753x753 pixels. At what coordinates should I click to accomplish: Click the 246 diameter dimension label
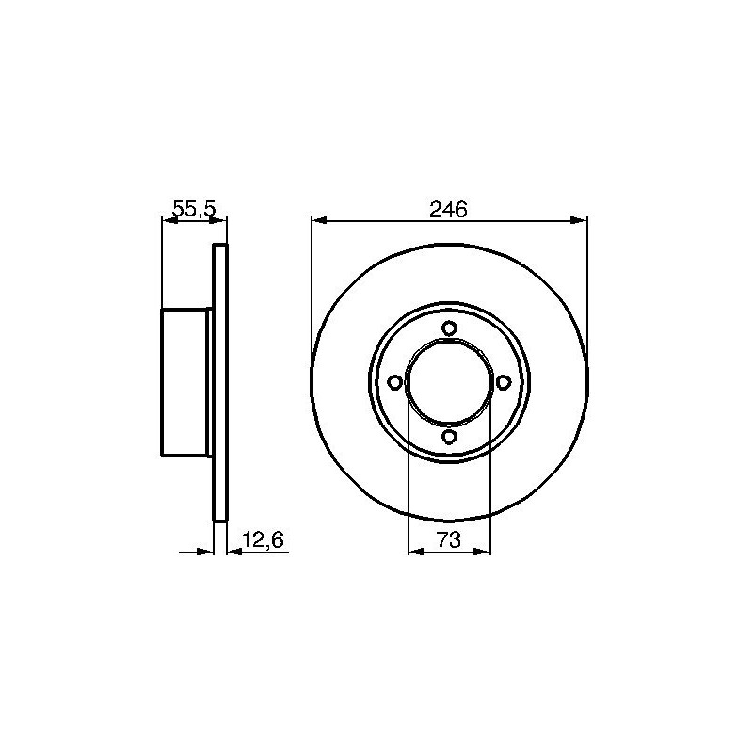(449, 210)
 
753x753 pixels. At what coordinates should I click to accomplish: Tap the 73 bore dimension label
(449, 539)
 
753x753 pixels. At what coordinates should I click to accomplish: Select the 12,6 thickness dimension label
(264, 540)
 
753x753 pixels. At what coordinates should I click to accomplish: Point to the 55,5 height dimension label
(195, 209)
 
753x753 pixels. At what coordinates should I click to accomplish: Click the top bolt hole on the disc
(449, 328)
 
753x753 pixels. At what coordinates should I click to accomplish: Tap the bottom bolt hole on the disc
(449, 437)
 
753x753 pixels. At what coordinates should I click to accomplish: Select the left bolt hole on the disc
(394, 383)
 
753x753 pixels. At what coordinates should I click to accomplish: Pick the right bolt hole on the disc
(503, 383)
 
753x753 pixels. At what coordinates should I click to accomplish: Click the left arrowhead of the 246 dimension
(319, 220)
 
